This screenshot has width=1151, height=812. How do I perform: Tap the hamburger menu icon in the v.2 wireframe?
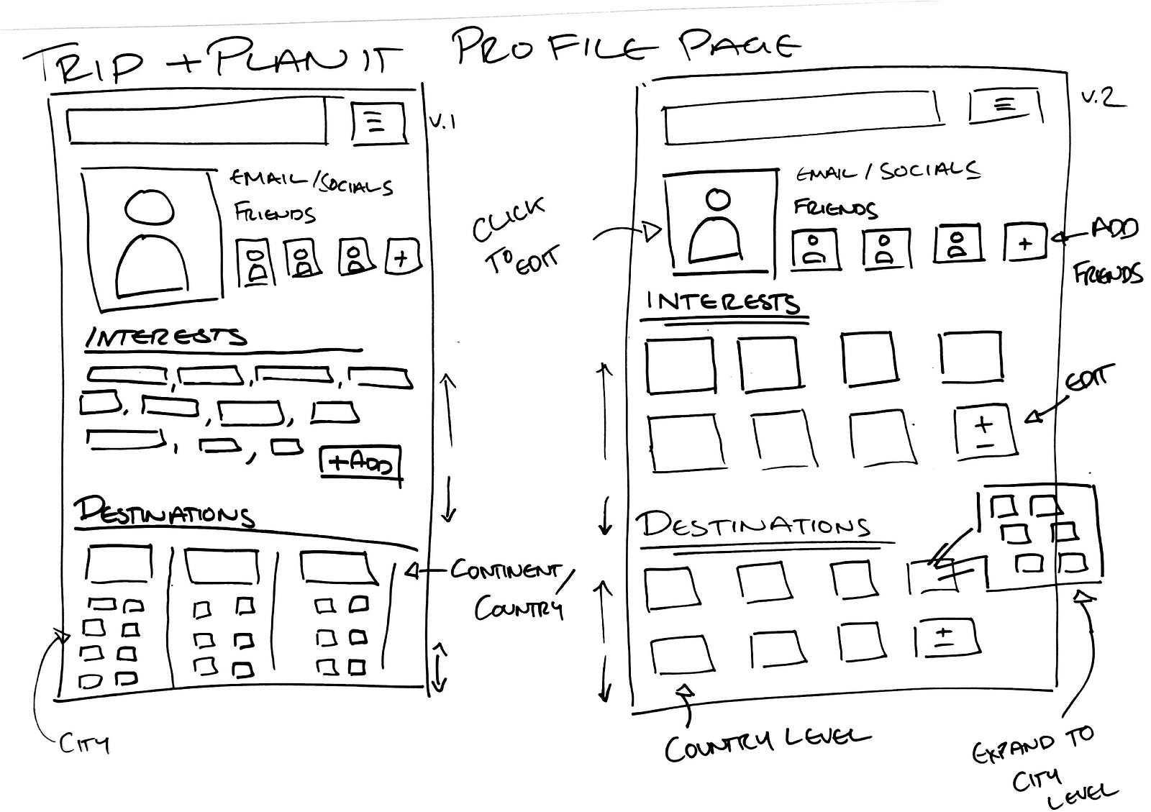click(x=1004, y=106)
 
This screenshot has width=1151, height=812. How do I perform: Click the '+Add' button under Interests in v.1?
click(x=360, y=462)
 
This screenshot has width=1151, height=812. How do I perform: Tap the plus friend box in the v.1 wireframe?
click(x=403, y=256)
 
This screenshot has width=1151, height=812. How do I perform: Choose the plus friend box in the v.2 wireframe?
click(x=1025, y=242)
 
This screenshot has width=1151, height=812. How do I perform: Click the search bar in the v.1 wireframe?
click(x=196, y=127)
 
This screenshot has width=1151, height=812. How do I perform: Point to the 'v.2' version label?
click(x=1103, y=98)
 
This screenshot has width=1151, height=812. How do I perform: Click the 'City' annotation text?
click(x=84, y=742)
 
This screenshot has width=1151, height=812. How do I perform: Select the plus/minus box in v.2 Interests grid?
click(x=984, y=431)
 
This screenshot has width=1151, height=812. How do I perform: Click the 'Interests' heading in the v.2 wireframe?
click(x=723, y=302)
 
